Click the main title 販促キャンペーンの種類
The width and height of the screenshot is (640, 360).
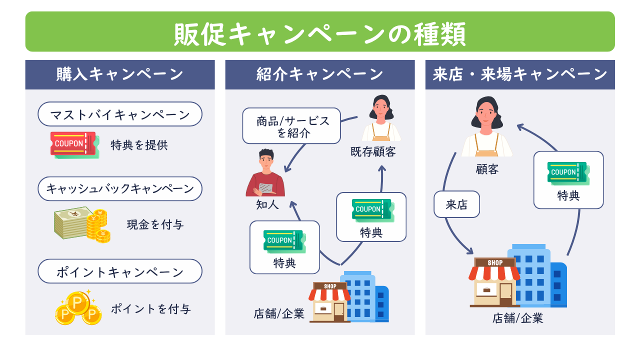[x=320, y=33]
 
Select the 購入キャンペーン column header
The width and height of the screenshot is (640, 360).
[x=120, y=75]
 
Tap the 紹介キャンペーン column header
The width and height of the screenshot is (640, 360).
[x=320, y=75]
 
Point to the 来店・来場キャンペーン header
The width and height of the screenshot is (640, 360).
[x=520, y=75]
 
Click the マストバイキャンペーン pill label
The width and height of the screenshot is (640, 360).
[x=120, y=114]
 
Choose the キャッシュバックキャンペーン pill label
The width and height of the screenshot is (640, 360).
[x=120, y=189]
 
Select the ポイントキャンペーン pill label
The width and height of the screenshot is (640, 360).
[x=120, y=272]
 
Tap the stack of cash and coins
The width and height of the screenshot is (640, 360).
[x=82, y=225]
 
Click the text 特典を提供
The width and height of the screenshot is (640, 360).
[x=139, y=145]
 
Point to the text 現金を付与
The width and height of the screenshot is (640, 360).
[x=155, y=225]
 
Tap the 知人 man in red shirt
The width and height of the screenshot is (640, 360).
[x=265, y=174]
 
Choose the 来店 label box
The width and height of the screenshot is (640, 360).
[x=456, y=204]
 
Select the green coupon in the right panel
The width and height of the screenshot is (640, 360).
[x=568, y=172]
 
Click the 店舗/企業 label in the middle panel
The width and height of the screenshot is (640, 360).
[x=279, y=314]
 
